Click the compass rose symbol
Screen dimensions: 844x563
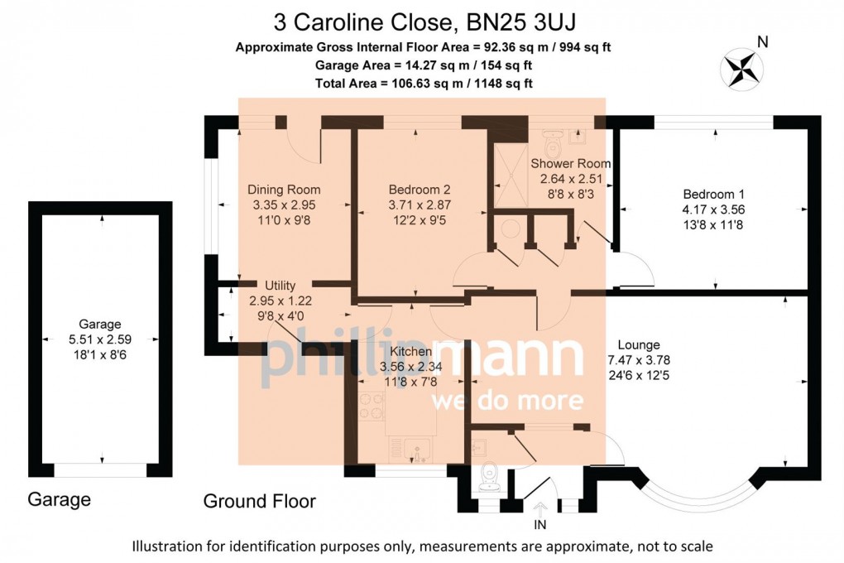tap(741, 69)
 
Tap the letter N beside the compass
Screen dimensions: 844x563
tap(762, 42)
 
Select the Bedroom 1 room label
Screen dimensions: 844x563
tap(713, 194)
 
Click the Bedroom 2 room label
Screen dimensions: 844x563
tap(420, 190)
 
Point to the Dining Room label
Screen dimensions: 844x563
tap(284, 190)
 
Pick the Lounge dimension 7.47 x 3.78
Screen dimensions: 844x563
tap(639, 360)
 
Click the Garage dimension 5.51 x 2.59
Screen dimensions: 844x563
tap(100, 339)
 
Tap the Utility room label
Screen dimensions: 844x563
tap(280, 286)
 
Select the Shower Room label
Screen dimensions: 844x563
tap(571, 163)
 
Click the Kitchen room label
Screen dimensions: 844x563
tap(410, 352)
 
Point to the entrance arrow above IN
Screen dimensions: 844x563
tap(539, 509)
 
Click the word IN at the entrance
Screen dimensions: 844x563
tap(539, 525)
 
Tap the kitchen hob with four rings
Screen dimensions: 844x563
tap(372, 406)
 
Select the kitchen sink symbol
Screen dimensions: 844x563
tap(416, 450)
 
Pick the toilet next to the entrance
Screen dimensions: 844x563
tap(489, 478)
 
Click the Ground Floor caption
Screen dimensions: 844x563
tap(260, 502)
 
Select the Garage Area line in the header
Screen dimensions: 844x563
tap(424, 65)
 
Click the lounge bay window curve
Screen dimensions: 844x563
tap(698, 494)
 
